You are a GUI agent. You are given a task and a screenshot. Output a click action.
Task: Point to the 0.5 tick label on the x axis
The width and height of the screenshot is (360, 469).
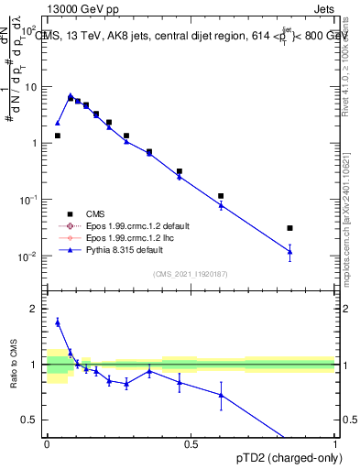[x=191, y=445]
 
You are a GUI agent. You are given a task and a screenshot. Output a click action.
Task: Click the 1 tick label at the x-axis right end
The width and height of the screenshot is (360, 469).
[x=335, y=445]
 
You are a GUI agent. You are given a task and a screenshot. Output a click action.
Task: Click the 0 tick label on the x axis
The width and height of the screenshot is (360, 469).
[x=47, y=445]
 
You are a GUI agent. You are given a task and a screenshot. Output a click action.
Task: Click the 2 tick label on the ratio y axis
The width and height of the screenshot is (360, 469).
[x=35, y=309]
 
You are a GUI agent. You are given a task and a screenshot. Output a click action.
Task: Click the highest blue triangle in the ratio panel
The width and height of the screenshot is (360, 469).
[x=58, y=322]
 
